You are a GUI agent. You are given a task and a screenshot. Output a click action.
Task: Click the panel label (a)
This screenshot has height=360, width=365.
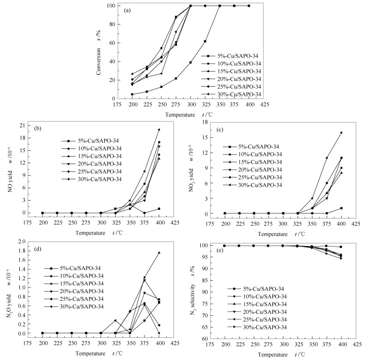[126, 9]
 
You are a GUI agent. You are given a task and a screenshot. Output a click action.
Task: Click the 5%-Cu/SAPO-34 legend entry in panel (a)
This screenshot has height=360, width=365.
[236, 54]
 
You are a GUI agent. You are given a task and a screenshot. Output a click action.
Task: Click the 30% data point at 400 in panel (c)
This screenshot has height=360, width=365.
[341, 132]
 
